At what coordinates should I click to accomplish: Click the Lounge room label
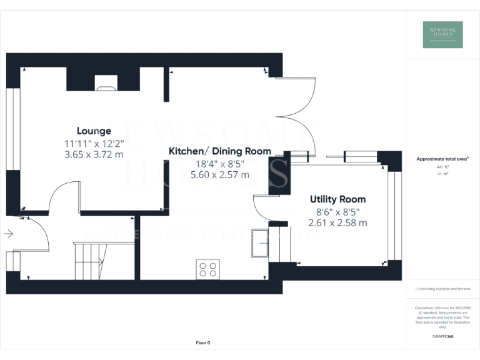coord(94,131)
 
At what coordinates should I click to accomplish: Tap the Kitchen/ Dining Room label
coord(220,151)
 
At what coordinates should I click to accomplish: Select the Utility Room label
coord(337,199)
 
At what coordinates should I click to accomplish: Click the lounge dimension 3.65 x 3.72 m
coord(94,154)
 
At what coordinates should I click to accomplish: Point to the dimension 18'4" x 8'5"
coord(220,163)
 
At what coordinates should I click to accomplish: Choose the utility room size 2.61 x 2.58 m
coord(337,222)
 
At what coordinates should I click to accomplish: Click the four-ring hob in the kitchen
coord(208,269)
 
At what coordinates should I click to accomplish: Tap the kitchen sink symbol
coord(259,243)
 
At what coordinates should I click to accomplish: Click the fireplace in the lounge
coord(106,82)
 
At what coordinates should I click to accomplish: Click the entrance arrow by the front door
coord(9,234)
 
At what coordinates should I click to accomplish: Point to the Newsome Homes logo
coord(442,34)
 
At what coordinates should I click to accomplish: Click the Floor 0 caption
coord(203,342)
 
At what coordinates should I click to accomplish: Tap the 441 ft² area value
coord(442,167)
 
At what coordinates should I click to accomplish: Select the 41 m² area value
coord(442,174)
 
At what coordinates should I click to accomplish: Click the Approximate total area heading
coord(441,159)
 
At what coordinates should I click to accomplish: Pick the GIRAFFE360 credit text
coord(442,337)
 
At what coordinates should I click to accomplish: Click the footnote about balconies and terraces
coord(442,289)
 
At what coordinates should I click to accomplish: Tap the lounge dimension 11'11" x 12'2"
coord(94,143)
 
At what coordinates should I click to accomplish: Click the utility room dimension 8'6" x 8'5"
coord(337,211)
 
